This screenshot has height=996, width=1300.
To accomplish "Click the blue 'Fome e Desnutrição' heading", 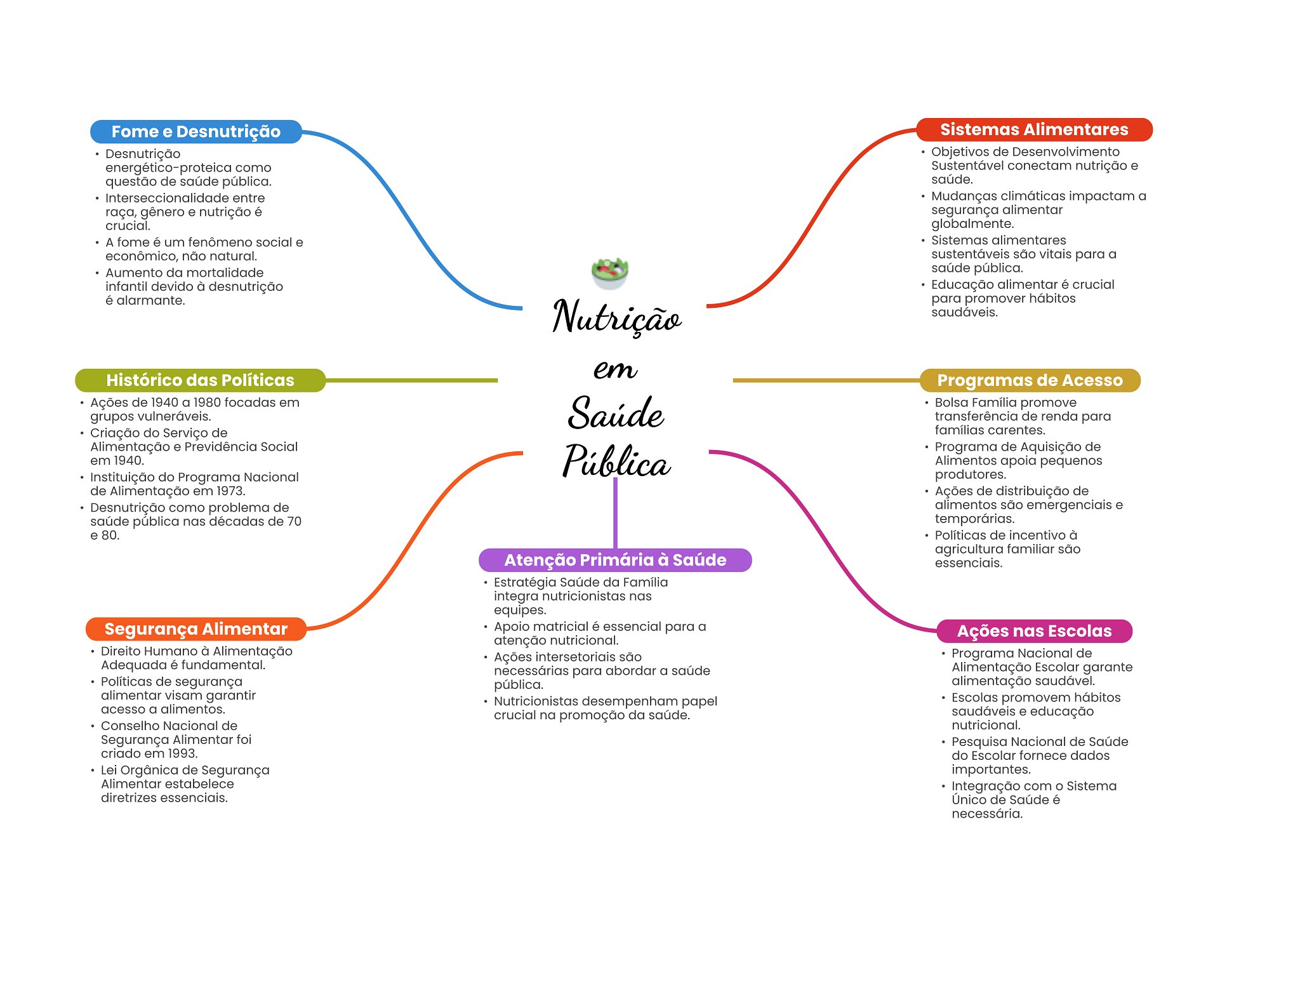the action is pyautogui.click(x=196, y=131).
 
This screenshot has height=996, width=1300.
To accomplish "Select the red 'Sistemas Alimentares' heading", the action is pyautogui.click(x=1034, y=129).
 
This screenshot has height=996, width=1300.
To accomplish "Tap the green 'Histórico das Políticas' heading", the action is pyautogui.click(x=200, y=380).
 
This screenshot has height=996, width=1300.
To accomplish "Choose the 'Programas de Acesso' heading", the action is pyautogui.click(x=1030, y=380).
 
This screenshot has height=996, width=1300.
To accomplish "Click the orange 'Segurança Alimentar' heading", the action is pyautogui.click(x=196, y=629).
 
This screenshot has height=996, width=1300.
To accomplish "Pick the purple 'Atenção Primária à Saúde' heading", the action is pyautogui.click(x=614, y=560).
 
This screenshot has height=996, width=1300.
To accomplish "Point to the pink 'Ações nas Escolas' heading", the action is pyautogui.click(x=1034, y=631).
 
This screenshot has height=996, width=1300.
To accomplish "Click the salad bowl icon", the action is pyautogui.click(x=609, y=273).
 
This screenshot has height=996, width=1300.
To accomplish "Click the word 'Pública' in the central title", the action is pyautogui.click(x=616, y=461).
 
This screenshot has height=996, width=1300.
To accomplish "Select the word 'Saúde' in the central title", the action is pyautogui.click(x=616, y=413).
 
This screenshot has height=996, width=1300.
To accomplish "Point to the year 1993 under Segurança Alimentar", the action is pyautogui.click(x=182, y=754).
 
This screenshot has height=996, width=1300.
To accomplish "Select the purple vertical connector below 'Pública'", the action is pyautogui.click(x=615, y=513).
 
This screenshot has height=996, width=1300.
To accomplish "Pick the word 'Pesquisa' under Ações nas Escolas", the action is pyautogui.click(x=978, y=742).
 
